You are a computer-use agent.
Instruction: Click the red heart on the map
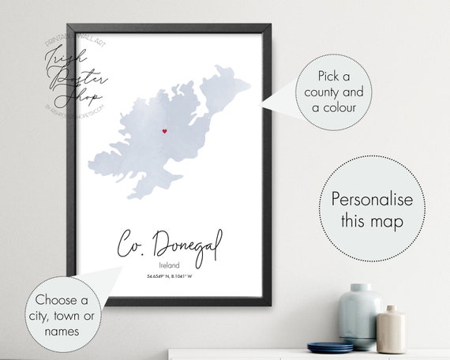[163, 131]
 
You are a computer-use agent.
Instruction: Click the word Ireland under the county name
[170, 264]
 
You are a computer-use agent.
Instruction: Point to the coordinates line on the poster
[170, 276]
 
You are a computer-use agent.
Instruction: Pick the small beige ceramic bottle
[392, 328]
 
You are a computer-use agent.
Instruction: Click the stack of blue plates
[329, 346]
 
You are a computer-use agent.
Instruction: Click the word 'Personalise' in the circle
[371, 198]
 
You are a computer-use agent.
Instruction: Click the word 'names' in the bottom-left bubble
[62, 332]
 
